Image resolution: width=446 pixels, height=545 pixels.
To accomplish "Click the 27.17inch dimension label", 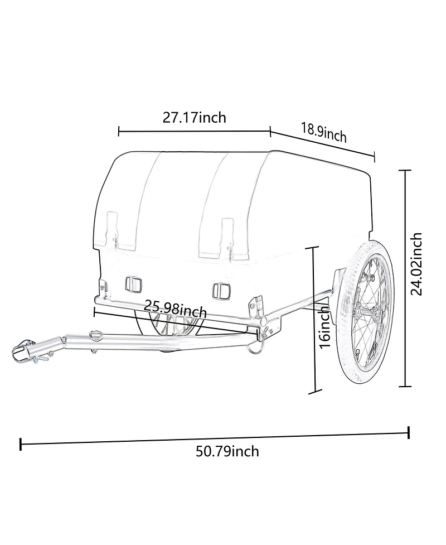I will click(194, 118).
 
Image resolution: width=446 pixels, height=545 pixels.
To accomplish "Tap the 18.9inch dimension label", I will click(324, 132).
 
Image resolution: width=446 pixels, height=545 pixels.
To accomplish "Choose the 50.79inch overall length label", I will click(227, 451).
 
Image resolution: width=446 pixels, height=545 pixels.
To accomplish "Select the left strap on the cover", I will click(113, 228).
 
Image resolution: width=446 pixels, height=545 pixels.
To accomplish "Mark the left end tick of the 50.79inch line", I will click(21, 445).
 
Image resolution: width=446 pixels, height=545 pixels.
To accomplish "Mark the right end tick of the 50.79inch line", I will click(409, 432).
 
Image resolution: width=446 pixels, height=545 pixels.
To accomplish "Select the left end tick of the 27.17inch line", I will click(119, 132).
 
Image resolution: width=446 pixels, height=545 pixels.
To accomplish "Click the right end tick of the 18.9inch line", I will click(374, 157).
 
